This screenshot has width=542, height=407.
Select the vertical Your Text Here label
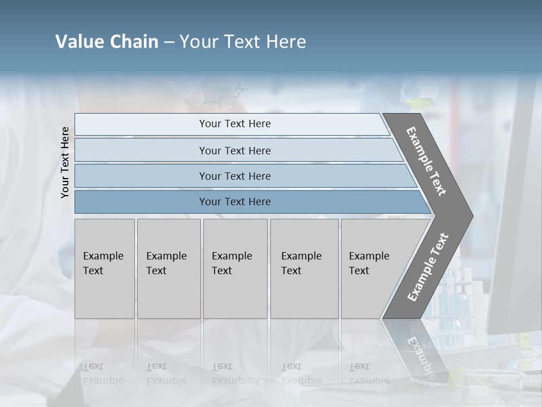tap(65, 162)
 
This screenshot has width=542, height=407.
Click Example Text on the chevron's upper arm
tap(426, 161)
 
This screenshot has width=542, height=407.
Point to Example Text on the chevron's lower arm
tap(427, 267)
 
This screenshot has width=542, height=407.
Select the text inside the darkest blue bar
tap(235, 202)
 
